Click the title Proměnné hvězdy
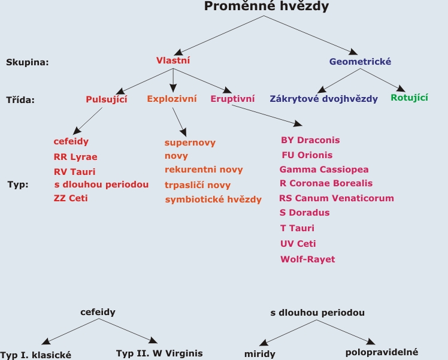tap(267, 6)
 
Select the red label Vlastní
tap(173, 60)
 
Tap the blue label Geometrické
tap(360, 62)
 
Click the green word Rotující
tap(409, 98)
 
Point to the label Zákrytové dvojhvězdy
tap(323, 99)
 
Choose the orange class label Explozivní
tap(172, 99)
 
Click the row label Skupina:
tap(28, 62)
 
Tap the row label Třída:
tap(20, 99)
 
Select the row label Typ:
tap(18, 184)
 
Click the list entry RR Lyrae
tap(75, 157)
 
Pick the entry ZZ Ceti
tap(71, 198)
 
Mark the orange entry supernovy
tap(190, 143)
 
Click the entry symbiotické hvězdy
tap(213, 199)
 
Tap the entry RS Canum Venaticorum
tap(336, 198)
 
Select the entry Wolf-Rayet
tap(307, 259)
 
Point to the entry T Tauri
tap(297, 228)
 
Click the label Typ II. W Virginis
tap(159, 353)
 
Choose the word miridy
tap(260, 354)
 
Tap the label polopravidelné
tap(382, 352)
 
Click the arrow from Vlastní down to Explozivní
tap(173, 80)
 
